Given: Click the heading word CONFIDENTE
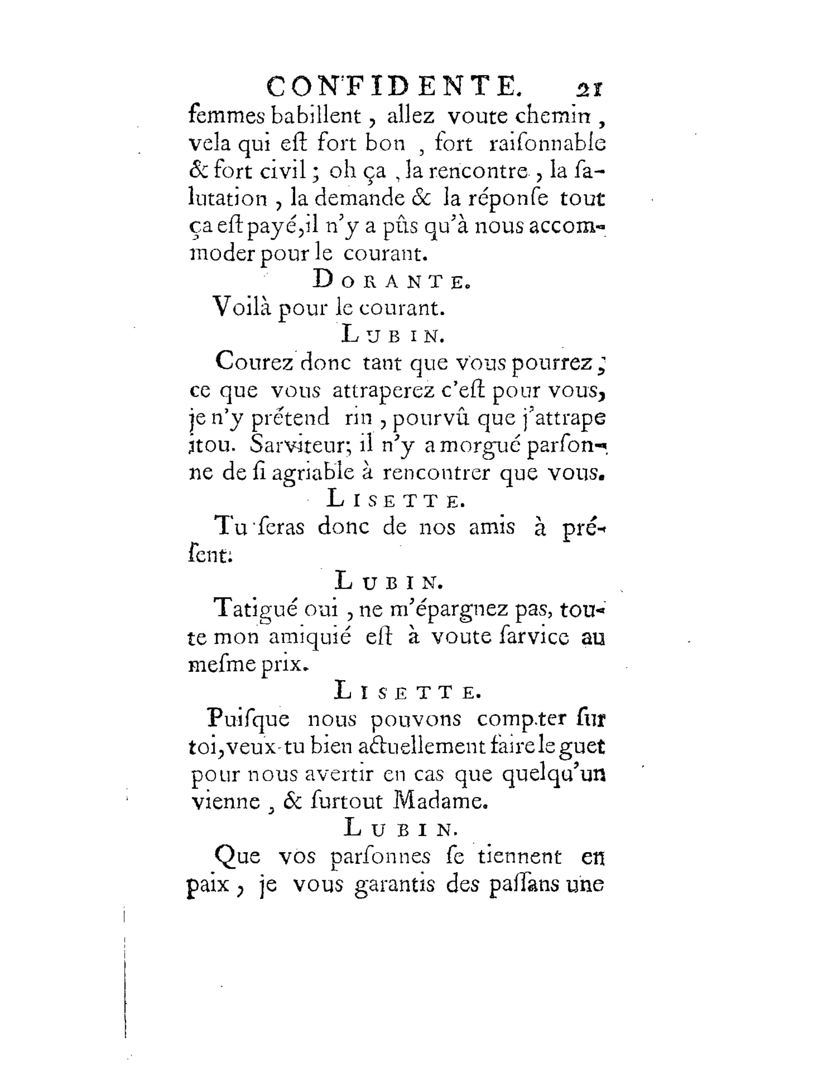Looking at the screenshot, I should (x=393, y=87).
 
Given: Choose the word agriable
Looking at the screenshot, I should (x=313, y=473).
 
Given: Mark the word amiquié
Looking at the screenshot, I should (x=309, y=637).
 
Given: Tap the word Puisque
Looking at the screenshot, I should (x=249, y=719).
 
